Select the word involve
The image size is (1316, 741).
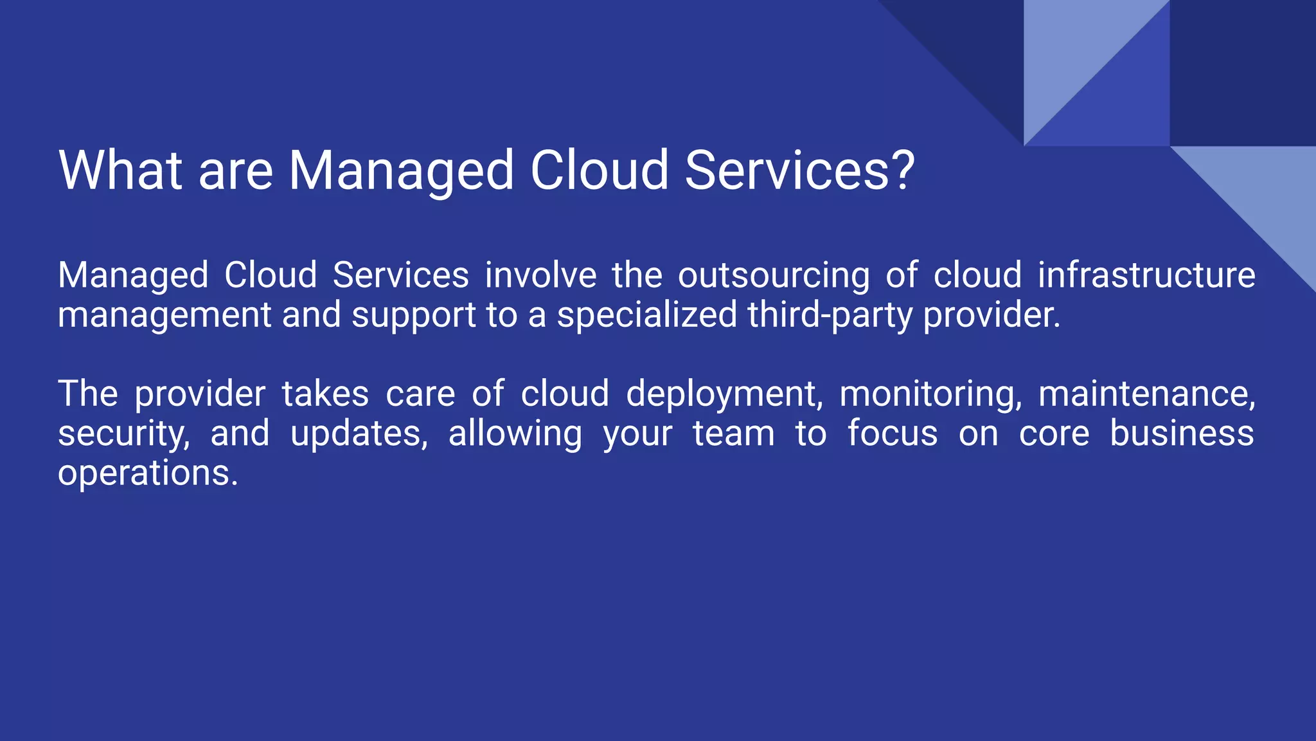(x=540, y=275)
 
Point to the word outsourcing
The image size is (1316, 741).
(x=774, y=277)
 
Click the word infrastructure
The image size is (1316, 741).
(x=1146, y=275)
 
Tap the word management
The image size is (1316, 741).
(x=164, y=316)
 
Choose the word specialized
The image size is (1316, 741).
(x=646, y=316)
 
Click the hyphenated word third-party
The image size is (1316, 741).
(x=830, y=316)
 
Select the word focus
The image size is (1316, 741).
(x=893, y=434)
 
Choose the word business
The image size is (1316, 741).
(x=1182, y=434)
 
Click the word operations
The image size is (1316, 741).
(x=148, y=475)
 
